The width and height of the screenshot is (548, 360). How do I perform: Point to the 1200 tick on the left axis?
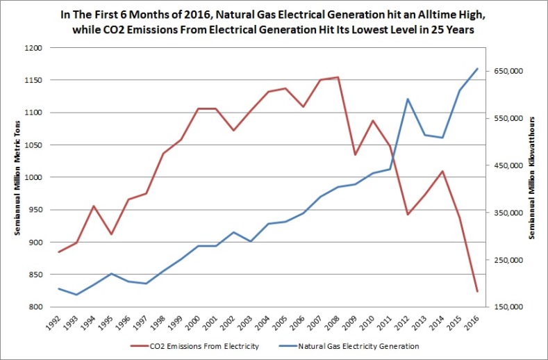[32, 48]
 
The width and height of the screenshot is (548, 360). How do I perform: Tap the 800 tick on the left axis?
[34, 307]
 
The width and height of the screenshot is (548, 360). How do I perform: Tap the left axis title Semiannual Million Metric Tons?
[12, 177]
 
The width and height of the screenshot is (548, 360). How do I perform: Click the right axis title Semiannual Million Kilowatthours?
[532, 177]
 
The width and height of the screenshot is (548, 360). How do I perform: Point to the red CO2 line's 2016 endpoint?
[477, 291]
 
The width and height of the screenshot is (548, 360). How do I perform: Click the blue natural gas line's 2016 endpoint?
[477, 69]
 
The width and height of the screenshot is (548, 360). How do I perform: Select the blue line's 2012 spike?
[408, 99]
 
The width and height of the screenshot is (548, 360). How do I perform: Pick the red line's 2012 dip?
[408, 214]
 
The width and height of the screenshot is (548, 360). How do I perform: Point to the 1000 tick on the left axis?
[32, 177]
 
